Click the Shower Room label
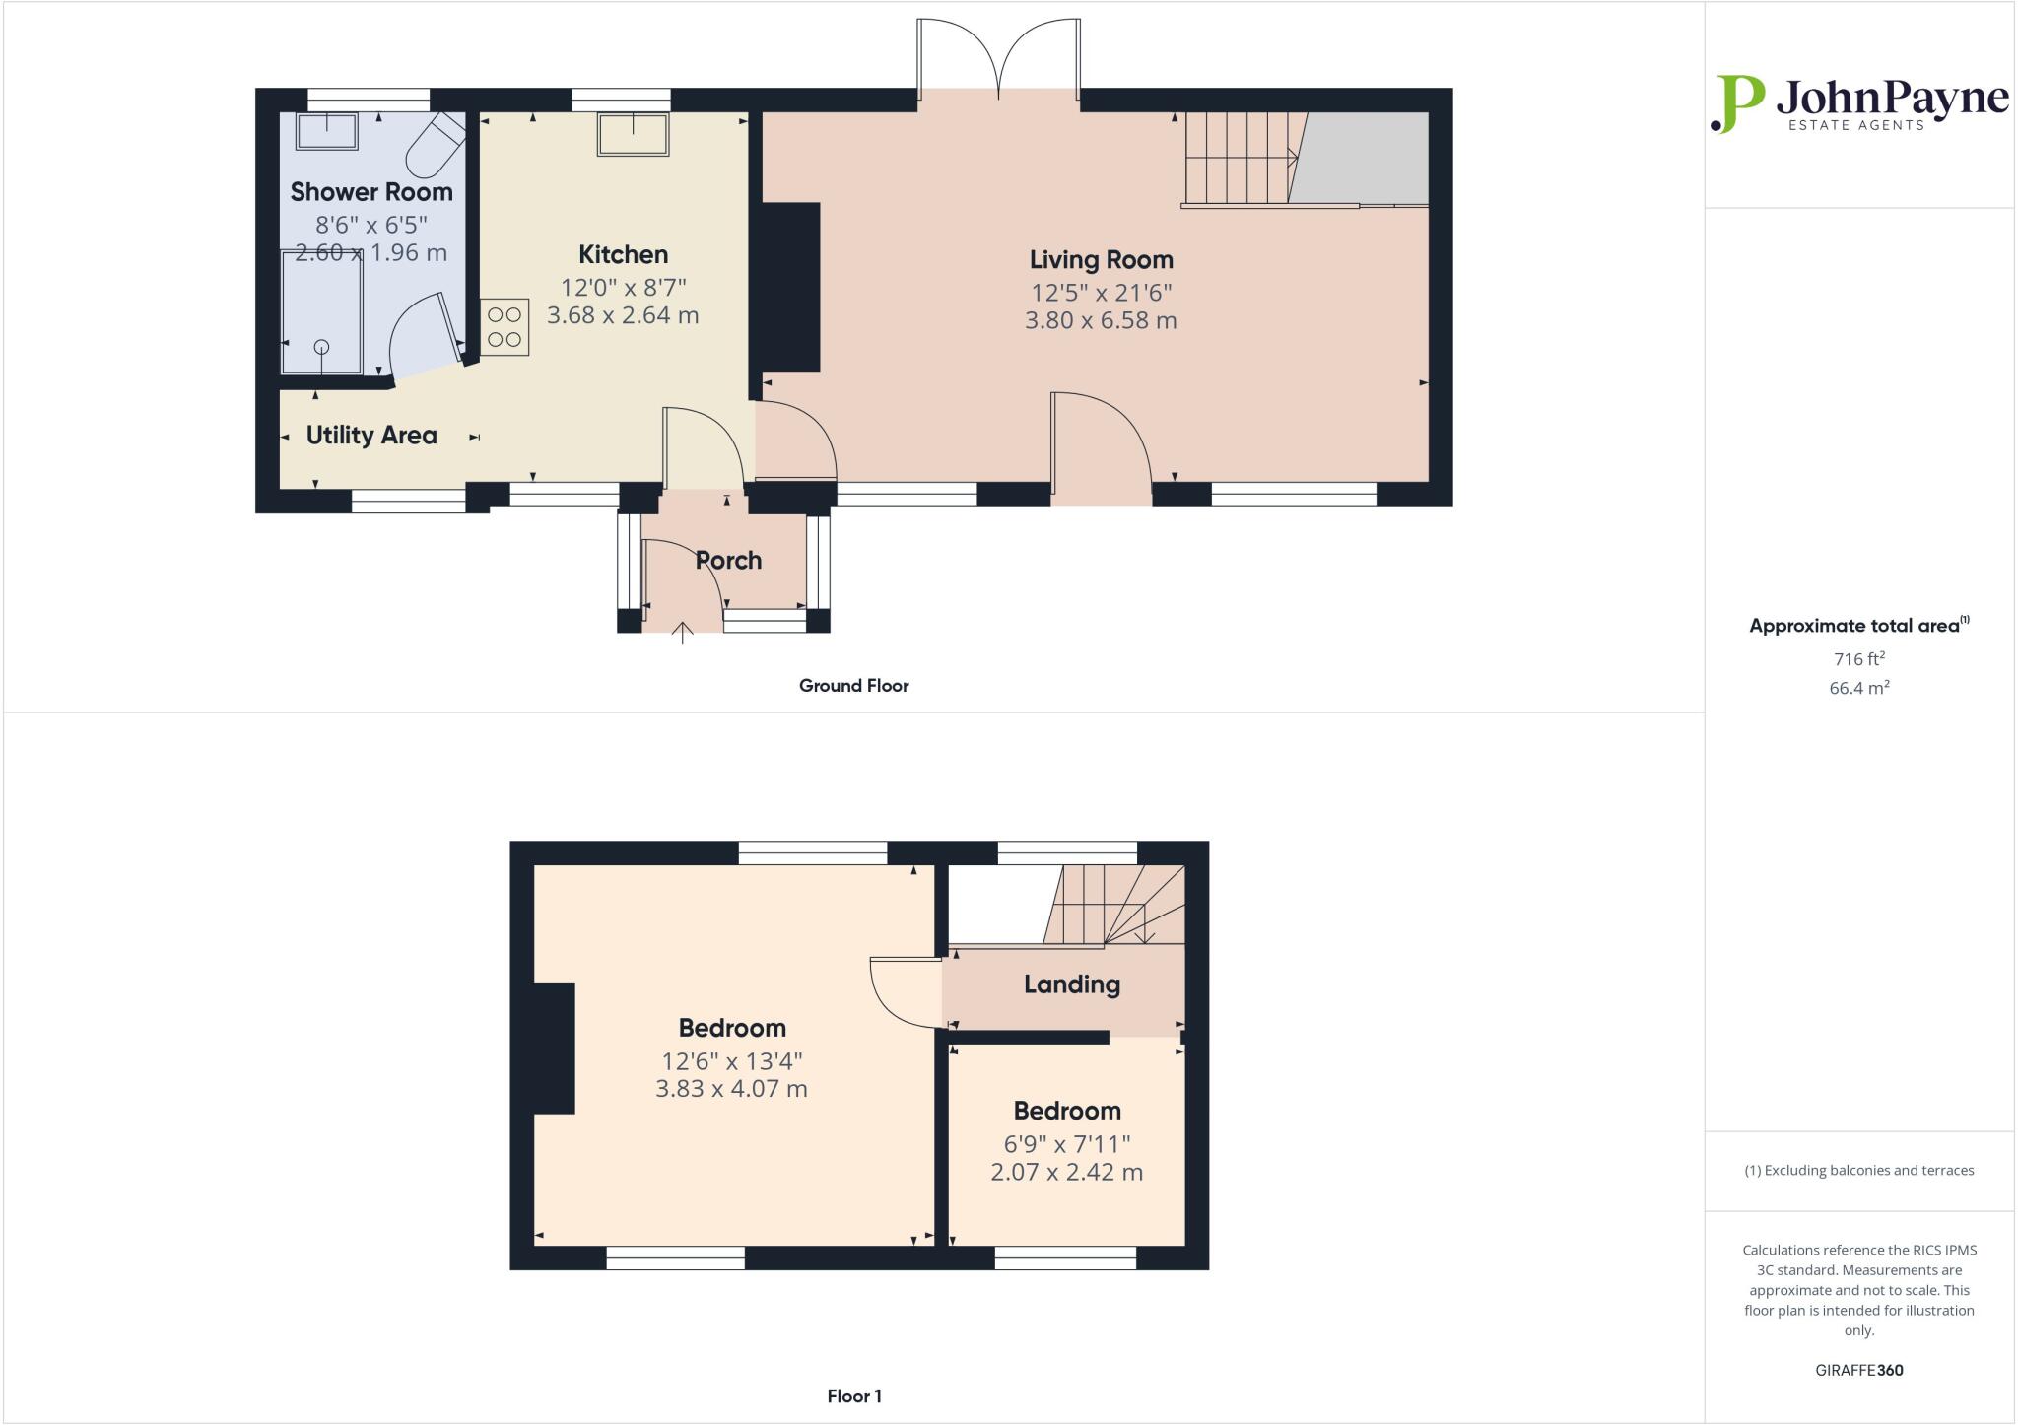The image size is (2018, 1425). (x=371, y=192)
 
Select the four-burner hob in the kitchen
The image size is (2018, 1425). (x=504, y=327)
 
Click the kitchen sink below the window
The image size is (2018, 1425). (x=632, y=134)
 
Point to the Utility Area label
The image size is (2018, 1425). (x=371, y=436)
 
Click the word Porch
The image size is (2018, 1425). (x=728, y=561)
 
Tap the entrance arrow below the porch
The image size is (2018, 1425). (x=682, y=632)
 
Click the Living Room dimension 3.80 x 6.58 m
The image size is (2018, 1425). (x=1101, y=320)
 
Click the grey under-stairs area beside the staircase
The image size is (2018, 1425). (x=1365, y=158)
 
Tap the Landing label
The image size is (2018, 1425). (x=1071, y=984)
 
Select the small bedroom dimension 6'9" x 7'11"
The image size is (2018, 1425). (x=1066, y=1144)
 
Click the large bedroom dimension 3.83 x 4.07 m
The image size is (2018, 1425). (x=731, y=1089)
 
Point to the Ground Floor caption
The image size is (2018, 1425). (x=853, y=686)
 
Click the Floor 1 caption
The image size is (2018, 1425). (x=853, y=1396)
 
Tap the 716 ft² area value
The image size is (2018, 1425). (x=1858, y=659)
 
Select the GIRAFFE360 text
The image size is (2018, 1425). (x=1858, y=1370)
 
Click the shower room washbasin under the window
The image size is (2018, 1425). (x=327, y=131)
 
